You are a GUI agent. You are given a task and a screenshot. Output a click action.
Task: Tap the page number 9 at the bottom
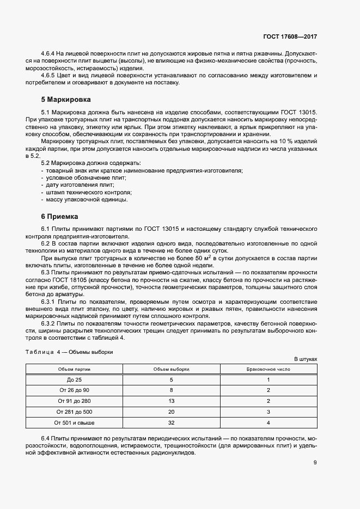[x=315, y=463]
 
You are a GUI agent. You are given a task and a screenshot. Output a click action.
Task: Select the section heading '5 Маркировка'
[x=66, y=100]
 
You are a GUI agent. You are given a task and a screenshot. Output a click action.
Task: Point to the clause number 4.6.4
[x=50, y=54]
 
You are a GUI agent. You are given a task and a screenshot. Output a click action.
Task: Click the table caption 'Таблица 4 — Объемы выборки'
[x=70, y=352]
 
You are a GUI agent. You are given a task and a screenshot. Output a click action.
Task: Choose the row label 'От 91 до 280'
[x=74, y=401]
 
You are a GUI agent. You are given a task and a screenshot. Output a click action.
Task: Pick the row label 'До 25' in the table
[x=74, y=379]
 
